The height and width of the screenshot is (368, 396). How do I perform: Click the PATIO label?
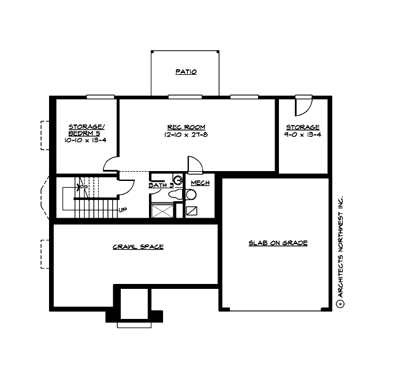coord(186,72)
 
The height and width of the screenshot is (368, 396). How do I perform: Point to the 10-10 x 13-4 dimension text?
coord(86,140)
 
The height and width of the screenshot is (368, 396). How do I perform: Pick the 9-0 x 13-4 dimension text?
coord(302,134)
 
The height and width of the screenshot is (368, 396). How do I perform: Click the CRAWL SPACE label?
coord(138,247)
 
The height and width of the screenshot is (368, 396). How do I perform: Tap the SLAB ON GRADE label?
coord(278,243)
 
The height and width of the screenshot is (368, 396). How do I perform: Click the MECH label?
coord(200,183)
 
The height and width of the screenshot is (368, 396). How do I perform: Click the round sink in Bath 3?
coord(178,180)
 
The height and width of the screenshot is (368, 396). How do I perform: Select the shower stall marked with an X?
coord(162,210)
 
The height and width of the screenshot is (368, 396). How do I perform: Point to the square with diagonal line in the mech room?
coord(191,210)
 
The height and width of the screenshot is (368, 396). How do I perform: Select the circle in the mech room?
coord(191,195)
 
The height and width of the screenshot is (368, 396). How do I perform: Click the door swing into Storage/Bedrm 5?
coord(111,165)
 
